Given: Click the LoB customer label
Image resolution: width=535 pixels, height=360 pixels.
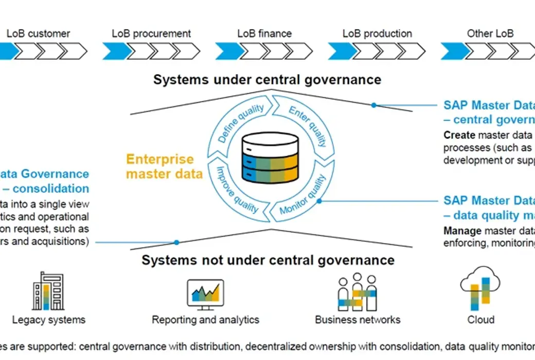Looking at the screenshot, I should (38, 34).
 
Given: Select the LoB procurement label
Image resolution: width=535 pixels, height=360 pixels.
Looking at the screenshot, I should (151, 34).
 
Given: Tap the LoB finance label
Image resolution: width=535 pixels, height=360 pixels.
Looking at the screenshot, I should (264, 34).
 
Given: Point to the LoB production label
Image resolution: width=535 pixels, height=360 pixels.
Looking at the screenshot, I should (377, 34).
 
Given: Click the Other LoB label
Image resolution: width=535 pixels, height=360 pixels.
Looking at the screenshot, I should (490, 34).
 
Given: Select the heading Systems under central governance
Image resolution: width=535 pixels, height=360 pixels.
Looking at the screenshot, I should (267, 80).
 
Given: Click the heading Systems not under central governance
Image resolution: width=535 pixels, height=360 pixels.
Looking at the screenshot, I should (268, 260).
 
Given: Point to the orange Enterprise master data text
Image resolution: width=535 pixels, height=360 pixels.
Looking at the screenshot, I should (164, 166).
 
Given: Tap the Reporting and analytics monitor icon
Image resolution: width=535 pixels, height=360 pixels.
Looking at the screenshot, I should (205, 294).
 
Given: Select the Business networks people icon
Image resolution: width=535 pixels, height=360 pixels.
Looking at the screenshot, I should (357, 292).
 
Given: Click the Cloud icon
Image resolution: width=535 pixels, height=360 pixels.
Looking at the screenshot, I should (480, 287).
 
